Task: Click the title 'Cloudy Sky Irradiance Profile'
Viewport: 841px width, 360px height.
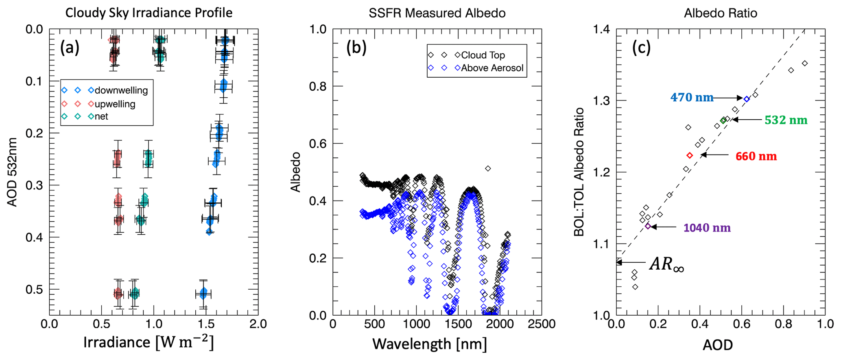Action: coord(149,13)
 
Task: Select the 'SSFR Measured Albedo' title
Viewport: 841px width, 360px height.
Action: coord(437,13)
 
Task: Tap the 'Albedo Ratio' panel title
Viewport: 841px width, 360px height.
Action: coord(721,13)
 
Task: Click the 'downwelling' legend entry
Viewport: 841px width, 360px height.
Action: coord(121,90)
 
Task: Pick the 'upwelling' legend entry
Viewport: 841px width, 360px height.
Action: coord(115,104)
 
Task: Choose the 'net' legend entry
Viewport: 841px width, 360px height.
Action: coord(101,117)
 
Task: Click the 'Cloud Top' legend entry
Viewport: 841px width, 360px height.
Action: coord(483,55)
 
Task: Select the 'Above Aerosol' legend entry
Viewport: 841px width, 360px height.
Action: coord(492,68)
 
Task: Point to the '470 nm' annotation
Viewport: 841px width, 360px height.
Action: coord(692,98)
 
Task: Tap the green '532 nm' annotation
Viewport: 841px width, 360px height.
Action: coord(786,120)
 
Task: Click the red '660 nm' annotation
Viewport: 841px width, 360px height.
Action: coord(756,156)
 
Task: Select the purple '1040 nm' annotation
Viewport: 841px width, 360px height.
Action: coord(707,228)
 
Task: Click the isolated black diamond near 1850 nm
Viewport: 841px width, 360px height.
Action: coord(488,168)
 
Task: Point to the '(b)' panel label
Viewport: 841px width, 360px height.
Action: coord(356,48)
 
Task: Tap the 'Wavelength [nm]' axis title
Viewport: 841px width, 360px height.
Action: coord(429,344)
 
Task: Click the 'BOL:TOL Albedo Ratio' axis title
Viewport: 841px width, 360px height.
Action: coord(579,172)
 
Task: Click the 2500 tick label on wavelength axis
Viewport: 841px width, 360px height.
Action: coord(542,324)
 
